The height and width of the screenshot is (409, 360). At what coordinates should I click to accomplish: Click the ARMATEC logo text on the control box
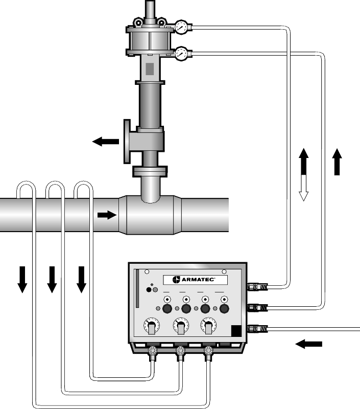pos(198,280)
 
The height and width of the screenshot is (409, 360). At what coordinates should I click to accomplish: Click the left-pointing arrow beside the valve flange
pos(106,142)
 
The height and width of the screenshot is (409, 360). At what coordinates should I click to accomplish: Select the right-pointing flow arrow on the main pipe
pos(107,215)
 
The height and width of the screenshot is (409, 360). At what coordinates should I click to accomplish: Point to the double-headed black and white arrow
pos(303,174)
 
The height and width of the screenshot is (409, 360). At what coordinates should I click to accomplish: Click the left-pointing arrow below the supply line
pos(309,344)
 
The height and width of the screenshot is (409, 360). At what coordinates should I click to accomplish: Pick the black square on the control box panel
pos(236,331)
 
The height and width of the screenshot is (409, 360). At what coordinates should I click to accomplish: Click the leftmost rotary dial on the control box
pos(152,326)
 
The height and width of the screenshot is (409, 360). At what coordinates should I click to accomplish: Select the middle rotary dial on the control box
pos(181,326)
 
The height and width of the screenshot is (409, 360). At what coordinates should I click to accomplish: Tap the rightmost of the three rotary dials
pos(208,326)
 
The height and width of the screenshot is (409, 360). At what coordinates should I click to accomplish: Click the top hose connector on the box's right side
pos(257,287)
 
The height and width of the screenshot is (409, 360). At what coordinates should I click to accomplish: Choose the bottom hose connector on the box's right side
pos(257,329)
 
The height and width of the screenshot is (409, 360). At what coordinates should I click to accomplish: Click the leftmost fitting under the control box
pos(152,353)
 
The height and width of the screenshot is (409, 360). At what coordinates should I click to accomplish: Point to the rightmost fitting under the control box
pos(208,353)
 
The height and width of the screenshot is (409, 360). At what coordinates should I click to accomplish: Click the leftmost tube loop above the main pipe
pos(26,182)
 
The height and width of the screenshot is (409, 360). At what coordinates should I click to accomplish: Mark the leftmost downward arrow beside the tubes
pos(22,280)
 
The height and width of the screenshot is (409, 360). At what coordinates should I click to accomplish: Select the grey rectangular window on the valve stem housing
pos(150,69)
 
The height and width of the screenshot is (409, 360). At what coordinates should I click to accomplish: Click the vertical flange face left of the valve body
pos(127,142)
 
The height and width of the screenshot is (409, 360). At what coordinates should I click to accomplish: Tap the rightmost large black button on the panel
pos(224,309)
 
